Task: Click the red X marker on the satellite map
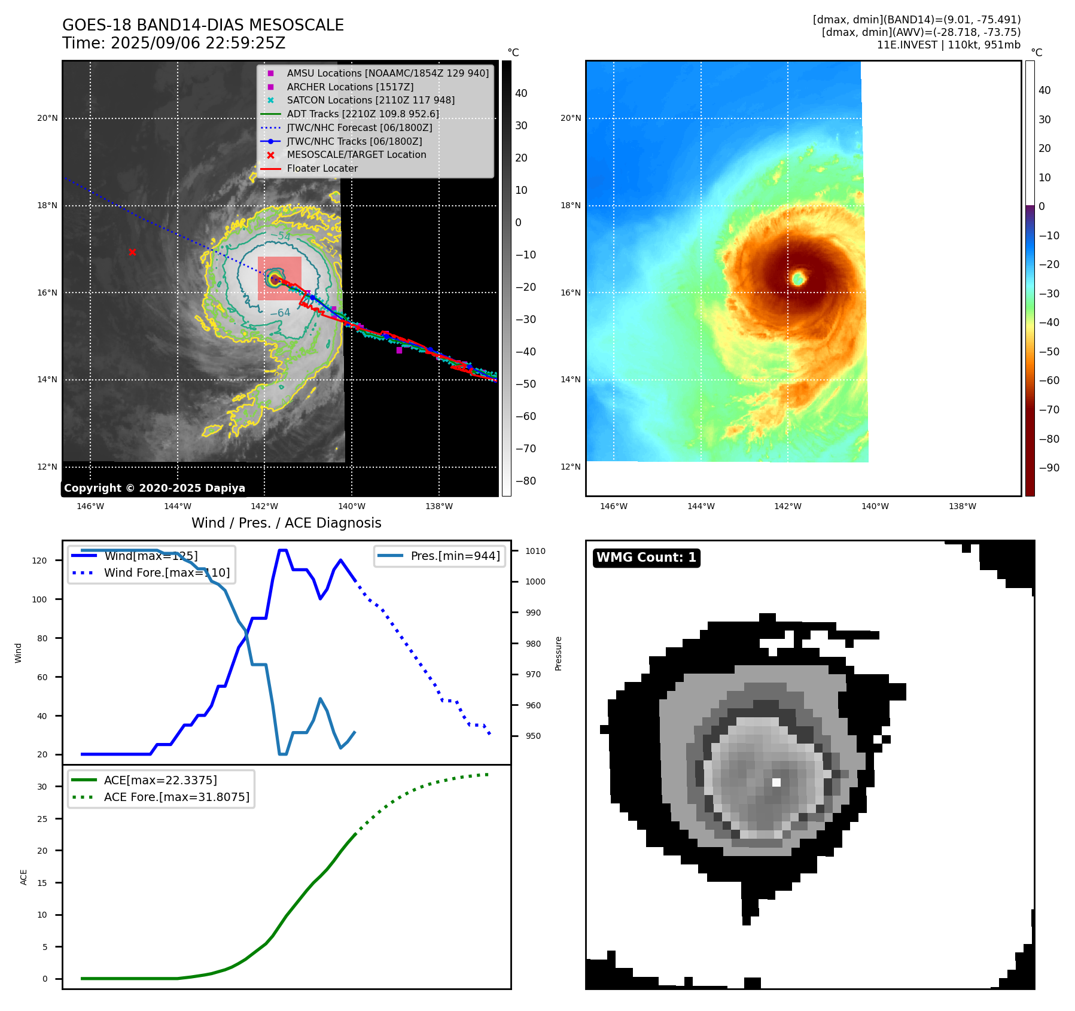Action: pos(132,252)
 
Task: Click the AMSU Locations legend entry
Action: pos(387,73)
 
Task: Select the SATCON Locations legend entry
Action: pos(370,101)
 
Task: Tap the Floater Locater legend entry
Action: pos(322,169)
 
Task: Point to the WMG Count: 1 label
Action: pos(646,558)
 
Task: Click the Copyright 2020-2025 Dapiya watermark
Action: pos(154,488)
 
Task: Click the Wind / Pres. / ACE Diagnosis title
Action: pos(286,523)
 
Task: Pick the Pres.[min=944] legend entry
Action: pos(455,556)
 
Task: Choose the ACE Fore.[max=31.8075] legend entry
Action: pos(176,797)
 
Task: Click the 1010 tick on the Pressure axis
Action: pos(535,551)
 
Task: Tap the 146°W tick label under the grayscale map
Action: pos(90,507)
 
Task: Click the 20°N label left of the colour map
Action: pos(571,118)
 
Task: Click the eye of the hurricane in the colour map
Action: pos(798,278)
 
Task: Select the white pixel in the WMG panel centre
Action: pos(776,782)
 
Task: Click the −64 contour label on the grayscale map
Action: pos(280,313)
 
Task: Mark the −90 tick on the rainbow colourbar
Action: pos(1049,468)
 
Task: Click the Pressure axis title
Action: pos(558,653)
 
